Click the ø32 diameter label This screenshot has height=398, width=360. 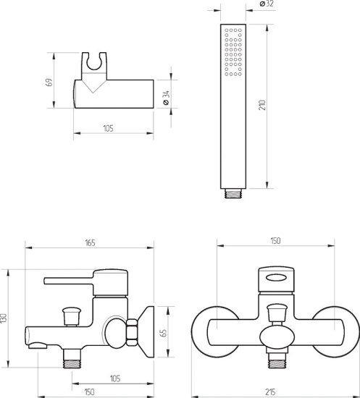point(267,4)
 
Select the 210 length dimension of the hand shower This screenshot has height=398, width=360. point(262,105)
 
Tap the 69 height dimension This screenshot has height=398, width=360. point(49,82)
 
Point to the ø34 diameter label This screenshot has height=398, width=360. point(166,98)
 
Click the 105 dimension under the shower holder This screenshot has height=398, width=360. point(108,128)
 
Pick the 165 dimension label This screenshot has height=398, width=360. point(91,243)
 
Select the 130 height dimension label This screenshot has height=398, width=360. point(4,318)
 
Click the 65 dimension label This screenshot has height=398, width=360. point(164,333)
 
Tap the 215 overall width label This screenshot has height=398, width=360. point(270,392)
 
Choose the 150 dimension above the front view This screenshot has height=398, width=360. point(275,241)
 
